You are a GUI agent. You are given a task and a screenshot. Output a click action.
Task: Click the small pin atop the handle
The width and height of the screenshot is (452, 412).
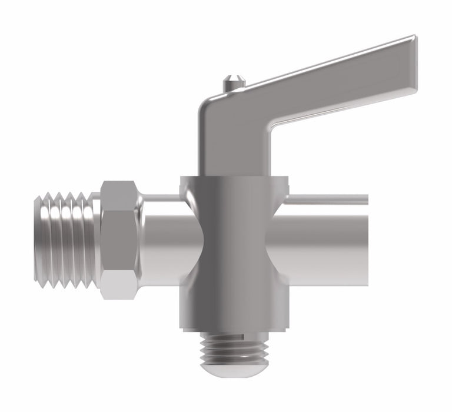coord(235,82)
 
